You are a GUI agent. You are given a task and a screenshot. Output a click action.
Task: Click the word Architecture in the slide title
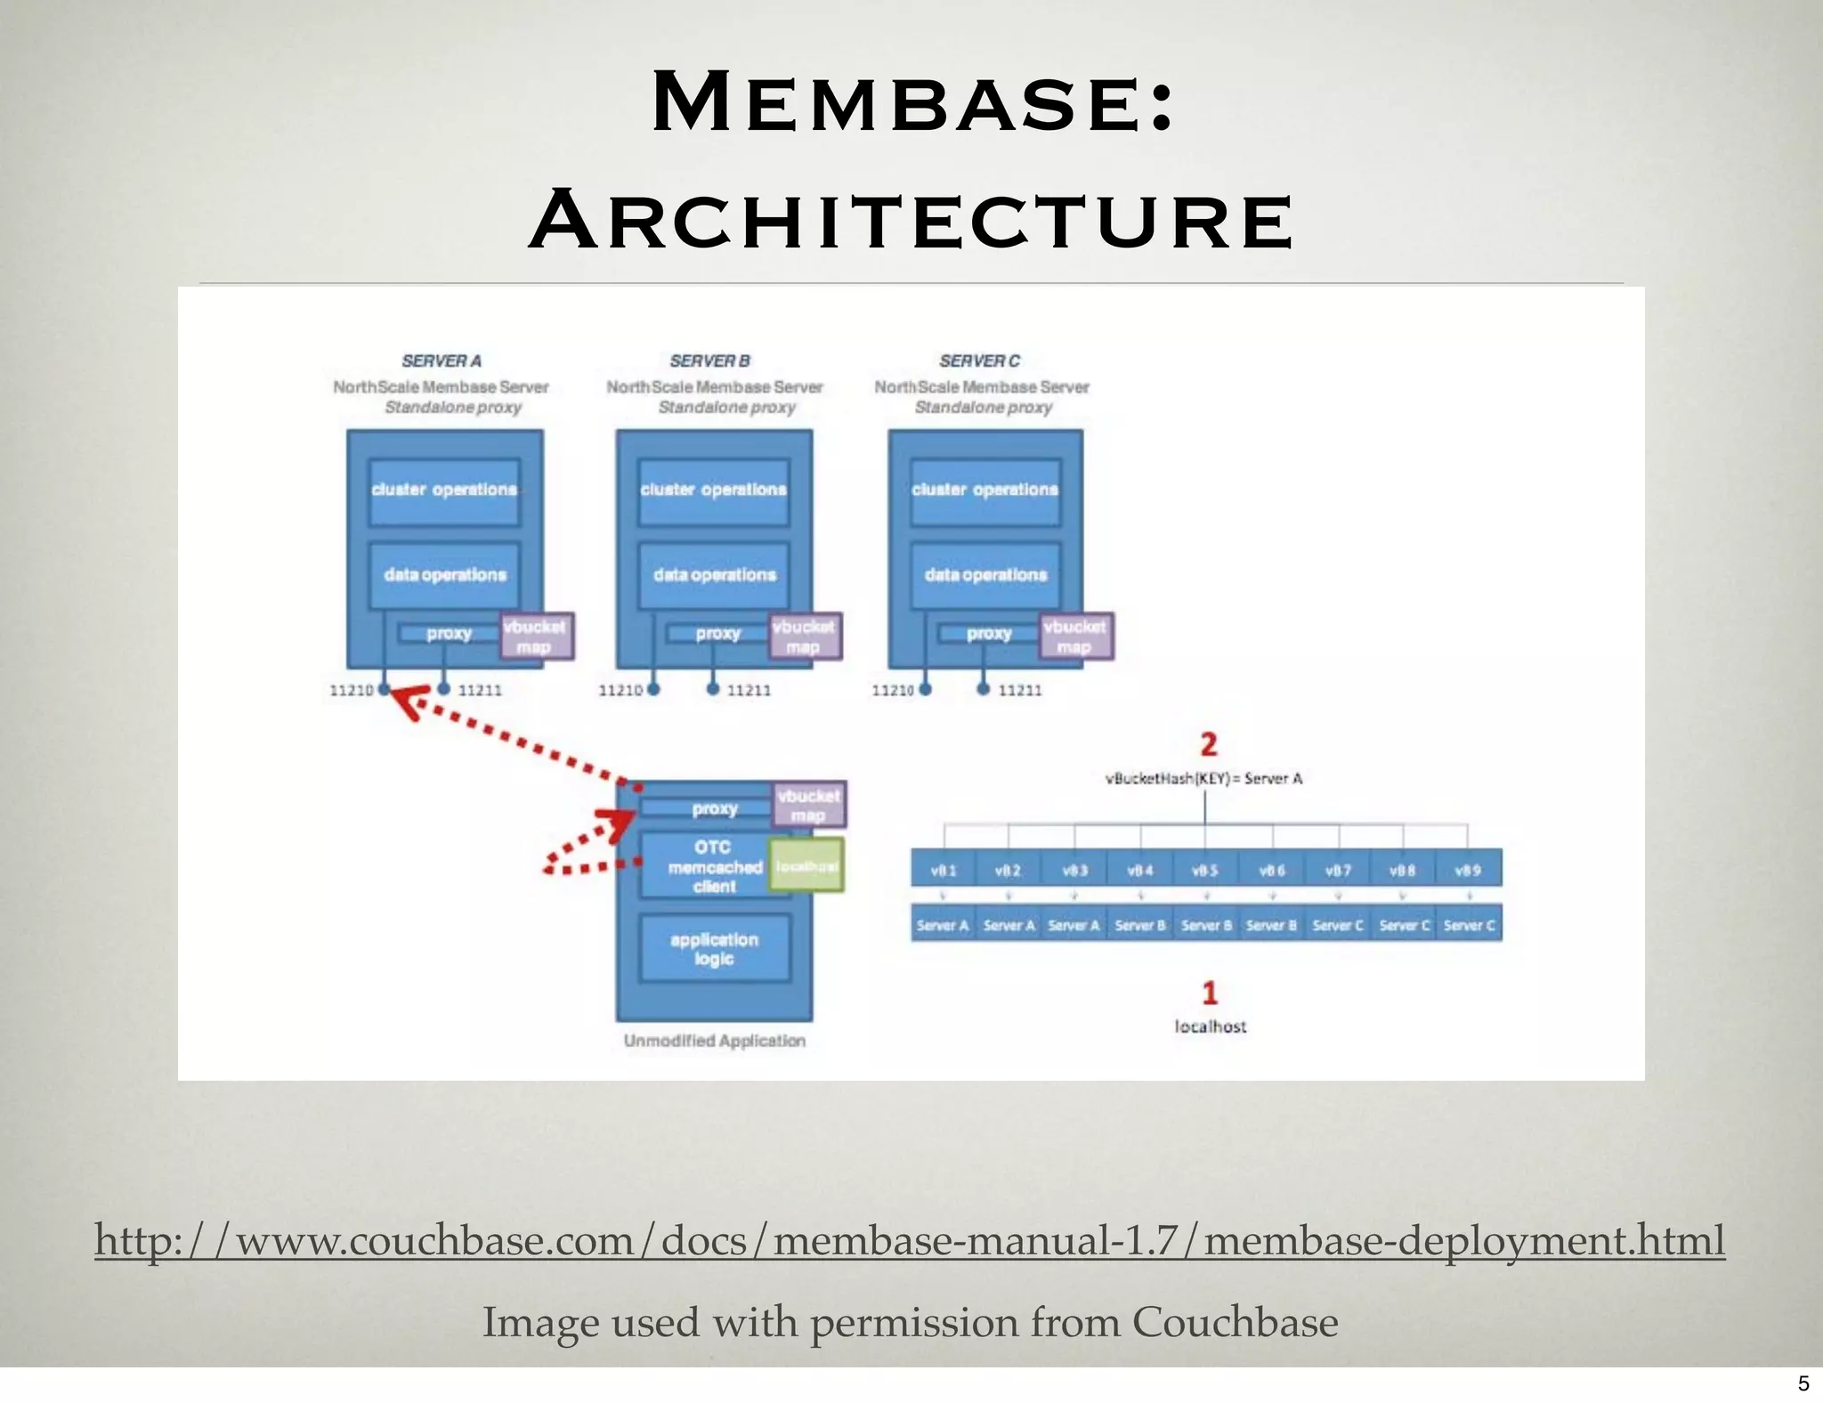(x=912, y=220)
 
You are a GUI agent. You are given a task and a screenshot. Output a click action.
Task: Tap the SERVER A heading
(x=442, y=361)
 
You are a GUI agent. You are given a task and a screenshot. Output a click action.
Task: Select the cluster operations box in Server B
(x=714, y=491)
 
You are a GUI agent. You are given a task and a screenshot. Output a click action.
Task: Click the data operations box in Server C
(x=985, y=575)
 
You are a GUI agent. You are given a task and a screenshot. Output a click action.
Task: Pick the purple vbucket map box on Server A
(x=535, y=637)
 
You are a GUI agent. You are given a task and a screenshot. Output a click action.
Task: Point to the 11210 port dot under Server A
(x=385, y=689)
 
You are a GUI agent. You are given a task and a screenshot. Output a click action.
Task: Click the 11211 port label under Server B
(x=749, y=690)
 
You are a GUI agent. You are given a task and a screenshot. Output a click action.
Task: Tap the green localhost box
(x=806, y=865)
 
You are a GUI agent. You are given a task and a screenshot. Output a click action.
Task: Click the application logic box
(x=714, y=949)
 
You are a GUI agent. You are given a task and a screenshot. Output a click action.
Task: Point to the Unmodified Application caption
(x=714, y=1041)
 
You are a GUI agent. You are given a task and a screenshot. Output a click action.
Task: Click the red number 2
(x=1208, y=744)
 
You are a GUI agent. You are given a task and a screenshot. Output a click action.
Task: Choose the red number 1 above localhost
(x=1209, y=993)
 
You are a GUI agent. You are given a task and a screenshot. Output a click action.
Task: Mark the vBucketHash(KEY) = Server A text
(x=1203, y=779)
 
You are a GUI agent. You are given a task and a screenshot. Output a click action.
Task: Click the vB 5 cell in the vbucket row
(x=1205, y=870)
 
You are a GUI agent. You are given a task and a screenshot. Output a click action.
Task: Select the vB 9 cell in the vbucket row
(x=1468, y=870)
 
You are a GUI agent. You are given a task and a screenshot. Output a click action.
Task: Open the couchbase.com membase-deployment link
(x=910, y=1240)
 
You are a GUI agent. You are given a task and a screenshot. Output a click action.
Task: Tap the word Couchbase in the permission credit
(x=1235, y=1322)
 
